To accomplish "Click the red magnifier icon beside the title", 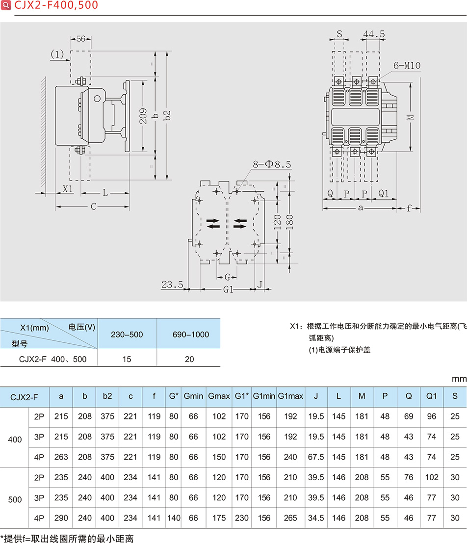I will [6, 5].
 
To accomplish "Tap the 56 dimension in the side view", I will [81, 39].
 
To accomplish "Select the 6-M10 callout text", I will [407, 65].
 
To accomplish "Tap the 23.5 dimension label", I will [172, 284].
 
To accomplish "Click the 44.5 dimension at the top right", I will [374, 34].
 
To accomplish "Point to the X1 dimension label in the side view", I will [68, 189].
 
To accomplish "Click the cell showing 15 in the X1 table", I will [127, 359].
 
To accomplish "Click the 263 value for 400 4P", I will [61, 457].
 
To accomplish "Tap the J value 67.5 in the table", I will [315, 457].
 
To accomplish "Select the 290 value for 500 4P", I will [61, 517].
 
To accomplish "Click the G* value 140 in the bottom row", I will [174, 517].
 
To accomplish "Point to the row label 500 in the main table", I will [15, 499].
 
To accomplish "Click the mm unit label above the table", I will [459, 379].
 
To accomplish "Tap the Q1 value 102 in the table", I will [431, 477].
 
